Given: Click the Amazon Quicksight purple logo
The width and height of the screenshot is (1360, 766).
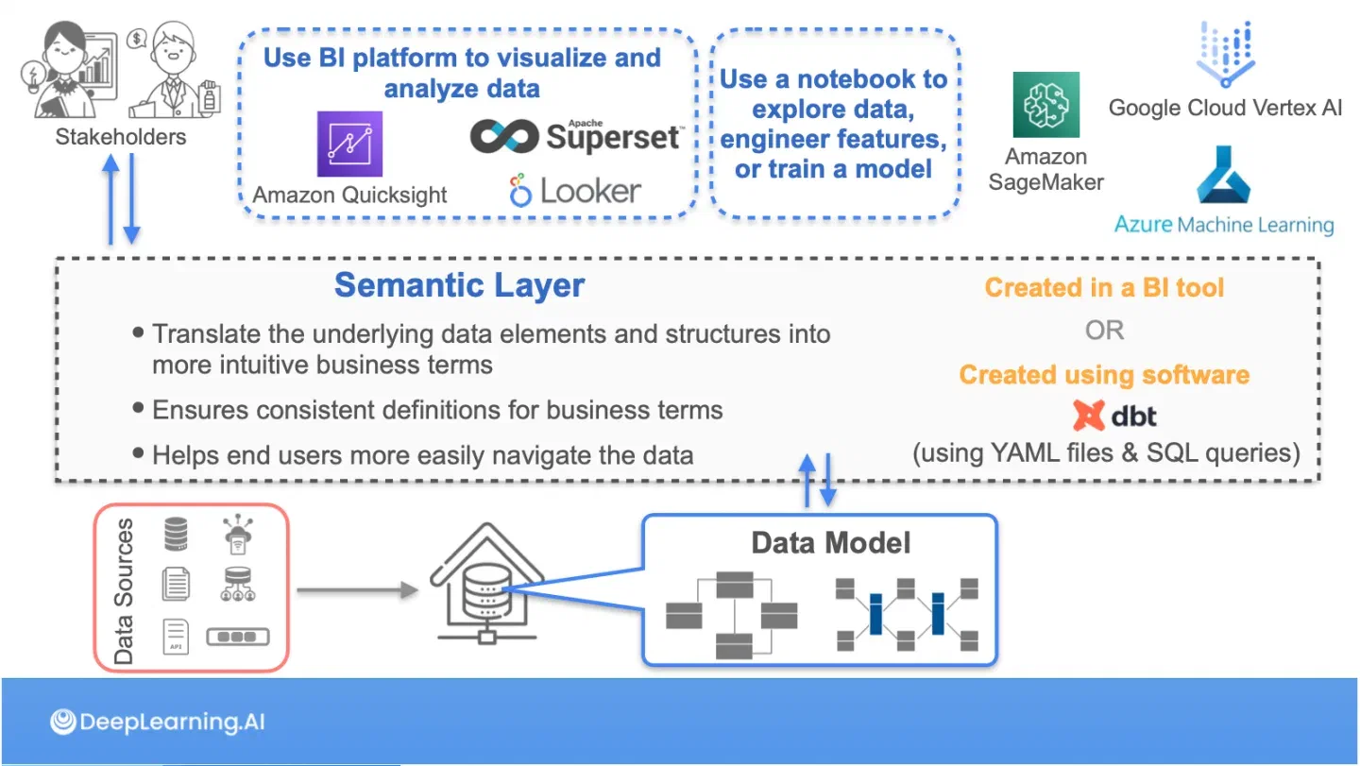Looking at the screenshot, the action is pos(349,144).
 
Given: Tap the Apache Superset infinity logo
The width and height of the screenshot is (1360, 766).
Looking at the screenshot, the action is pos(504,136).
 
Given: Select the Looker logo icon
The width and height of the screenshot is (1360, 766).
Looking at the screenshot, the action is pos(519,191).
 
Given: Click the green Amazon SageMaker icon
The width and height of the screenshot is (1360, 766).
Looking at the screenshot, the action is pos(1046,105).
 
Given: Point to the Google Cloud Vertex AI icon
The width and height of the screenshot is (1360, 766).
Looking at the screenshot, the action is pos(1226,55).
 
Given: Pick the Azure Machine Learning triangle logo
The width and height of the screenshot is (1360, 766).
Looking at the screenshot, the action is pos(1223,175).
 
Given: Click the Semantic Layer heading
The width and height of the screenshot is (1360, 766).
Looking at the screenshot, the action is pos(459,285).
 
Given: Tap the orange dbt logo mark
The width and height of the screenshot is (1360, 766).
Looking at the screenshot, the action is pos(1088,416).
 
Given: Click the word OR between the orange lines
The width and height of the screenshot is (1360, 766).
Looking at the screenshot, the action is pos(1104,331).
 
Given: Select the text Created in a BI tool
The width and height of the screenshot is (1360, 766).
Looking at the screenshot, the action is pos(1104,288).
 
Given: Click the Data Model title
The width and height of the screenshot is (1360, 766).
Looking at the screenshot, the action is pos(830,543).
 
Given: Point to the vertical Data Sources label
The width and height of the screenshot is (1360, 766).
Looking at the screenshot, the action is pos(124,590).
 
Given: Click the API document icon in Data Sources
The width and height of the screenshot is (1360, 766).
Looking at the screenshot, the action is pos(176,637).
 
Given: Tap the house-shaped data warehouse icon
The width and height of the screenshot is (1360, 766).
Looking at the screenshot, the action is pos(487,584).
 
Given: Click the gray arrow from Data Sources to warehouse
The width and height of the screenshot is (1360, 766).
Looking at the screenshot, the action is pos(358,590).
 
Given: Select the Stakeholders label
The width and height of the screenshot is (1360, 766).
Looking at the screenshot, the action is pos(121,137).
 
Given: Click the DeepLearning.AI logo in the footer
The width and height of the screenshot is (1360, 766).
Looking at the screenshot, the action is pos(157,722).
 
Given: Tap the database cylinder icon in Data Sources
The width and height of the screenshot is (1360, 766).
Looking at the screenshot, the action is pos(176,534).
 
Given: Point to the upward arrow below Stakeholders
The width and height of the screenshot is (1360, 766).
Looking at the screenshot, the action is pos(110,199).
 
